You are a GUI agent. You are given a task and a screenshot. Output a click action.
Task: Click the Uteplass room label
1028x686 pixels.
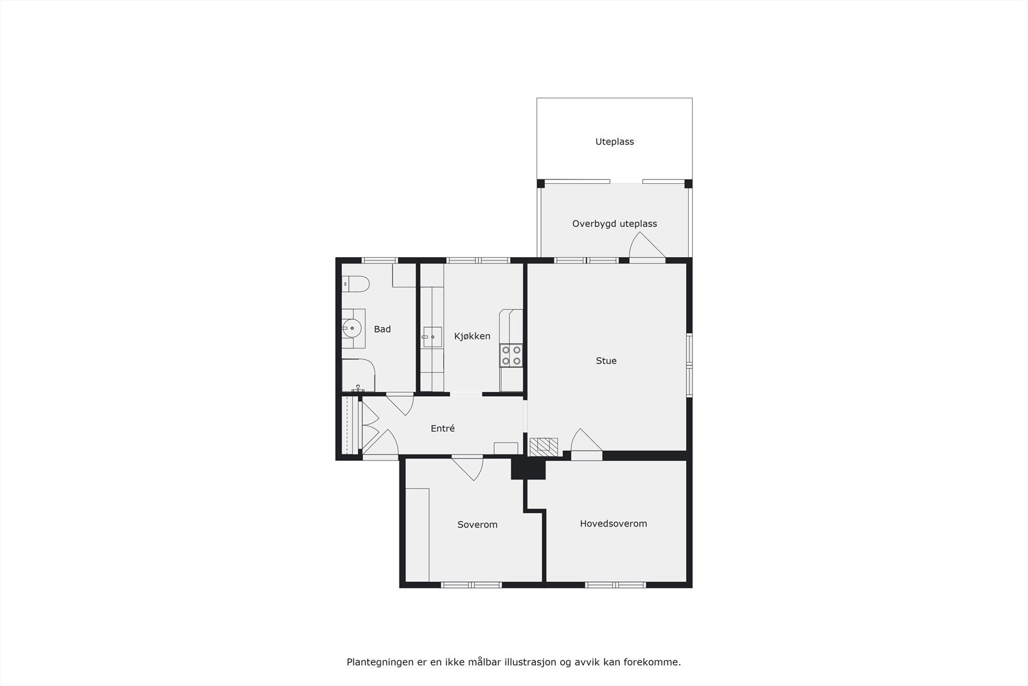click(614, 141)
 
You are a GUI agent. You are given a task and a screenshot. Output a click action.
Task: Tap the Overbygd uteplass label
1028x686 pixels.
click(614, 224)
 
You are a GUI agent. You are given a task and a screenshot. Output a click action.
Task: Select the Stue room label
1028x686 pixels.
click(606, 361)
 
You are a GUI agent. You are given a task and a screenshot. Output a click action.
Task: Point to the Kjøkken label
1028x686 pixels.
click(472, 336)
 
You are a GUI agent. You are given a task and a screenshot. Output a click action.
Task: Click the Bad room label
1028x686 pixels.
click(382, 329)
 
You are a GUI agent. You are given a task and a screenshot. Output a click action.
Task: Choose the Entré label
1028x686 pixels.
click(443, 428)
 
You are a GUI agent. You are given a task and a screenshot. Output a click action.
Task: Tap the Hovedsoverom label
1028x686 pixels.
click(614, 523)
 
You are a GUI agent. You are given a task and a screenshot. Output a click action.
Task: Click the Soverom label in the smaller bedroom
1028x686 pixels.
click(477, 525)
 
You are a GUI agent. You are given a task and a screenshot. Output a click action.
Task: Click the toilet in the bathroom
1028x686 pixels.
click(355, 284)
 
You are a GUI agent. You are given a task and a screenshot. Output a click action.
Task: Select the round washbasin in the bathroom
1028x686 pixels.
click(352, 328)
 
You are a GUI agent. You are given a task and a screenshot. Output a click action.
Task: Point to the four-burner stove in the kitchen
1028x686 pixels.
click(511, 356)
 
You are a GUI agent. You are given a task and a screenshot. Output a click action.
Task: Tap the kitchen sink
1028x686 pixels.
click(432, 336)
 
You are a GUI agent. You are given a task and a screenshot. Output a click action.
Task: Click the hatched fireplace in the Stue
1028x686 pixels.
click(543, 446)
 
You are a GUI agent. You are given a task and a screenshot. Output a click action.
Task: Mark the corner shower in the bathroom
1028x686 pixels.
click(357, 375)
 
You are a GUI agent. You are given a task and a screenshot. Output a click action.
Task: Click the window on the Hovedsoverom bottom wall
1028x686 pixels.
click(616, 584)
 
